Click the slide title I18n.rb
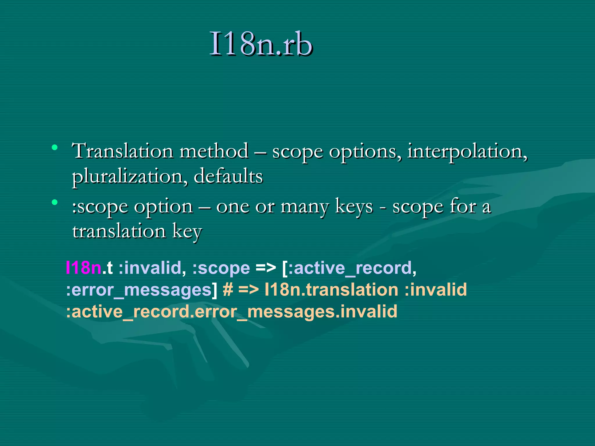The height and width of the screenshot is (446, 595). pos(261,44)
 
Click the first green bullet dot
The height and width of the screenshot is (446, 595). pos(54,148)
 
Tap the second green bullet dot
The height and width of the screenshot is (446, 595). pos(54,202)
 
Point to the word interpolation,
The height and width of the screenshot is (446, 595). pos(467,152)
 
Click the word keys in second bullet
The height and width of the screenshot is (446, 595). pos(354,207)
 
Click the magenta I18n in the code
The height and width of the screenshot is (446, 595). pos(84,268)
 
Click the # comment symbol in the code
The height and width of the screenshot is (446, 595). pos(228,290)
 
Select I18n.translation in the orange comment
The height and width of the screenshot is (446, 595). pos(331,290)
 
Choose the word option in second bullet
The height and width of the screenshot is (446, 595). pos(163,207)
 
